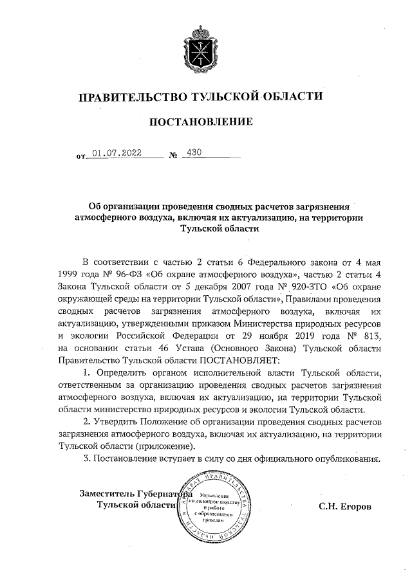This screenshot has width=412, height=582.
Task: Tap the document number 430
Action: [193, 153]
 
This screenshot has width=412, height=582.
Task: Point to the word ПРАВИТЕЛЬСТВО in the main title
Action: [131, 97]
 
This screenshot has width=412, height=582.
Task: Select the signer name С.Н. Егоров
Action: [345, 506]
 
